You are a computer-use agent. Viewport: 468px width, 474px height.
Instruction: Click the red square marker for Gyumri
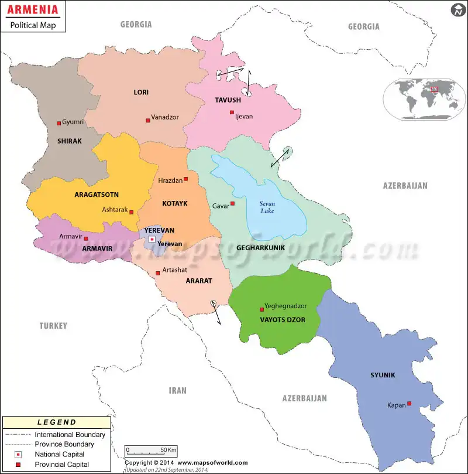tap(58, 123)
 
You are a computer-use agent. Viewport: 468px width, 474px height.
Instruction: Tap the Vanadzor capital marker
tap(148, 120)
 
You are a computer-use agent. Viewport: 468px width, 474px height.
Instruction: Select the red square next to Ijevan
tap(232, 112)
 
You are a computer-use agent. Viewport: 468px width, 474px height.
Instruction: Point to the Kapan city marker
tap(409, 403)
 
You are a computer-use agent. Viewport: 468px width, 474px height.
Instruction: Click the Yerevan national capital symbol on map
tap(152, 239)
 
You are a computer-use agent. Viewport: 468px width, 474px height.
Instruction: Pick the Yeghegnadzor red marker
tap(261, 309)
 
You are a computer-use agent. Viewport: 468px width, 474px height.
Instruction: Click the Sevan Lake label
tap(267, 207)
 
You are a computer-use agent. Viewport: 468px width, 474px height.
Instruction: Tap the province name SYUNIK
tap(383, 375)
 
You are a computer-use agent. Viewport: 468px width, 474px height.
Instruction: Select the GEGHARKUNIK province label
tap(260, 248)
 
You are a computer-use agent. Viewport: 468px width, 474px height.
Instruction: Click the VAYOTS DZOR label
tap(280, 320)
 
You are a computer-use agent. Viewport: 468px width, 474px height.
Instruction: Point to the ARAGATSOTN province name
tap(97, 194)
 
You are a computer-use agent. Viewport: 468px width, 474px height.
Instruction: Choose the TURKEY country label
tap(53, 326)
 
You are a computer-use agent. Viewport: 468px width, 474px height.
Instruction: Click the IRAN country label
tap(177, 390)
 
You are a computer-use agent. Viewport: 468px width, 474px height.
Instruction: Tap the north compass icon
tap(457, 10)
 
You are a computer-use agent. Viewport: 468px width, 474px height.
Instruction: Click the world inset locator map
tap(421, 99)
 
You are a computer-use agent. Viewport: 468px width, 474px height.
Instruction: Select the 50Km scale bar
tap(151, 451)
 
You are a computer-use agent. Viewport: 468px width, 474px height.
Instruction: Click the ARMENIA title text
tap(33, 11)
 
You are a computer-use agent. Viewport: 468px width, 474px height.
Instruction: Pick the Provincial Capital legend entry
tap(61, 465)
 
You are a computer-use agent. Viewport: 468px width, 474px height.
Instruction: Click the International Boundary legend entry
tap(70, 435)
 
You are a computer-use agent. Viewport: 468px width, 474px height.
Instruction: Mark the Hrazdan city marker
tap(186, 179)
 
